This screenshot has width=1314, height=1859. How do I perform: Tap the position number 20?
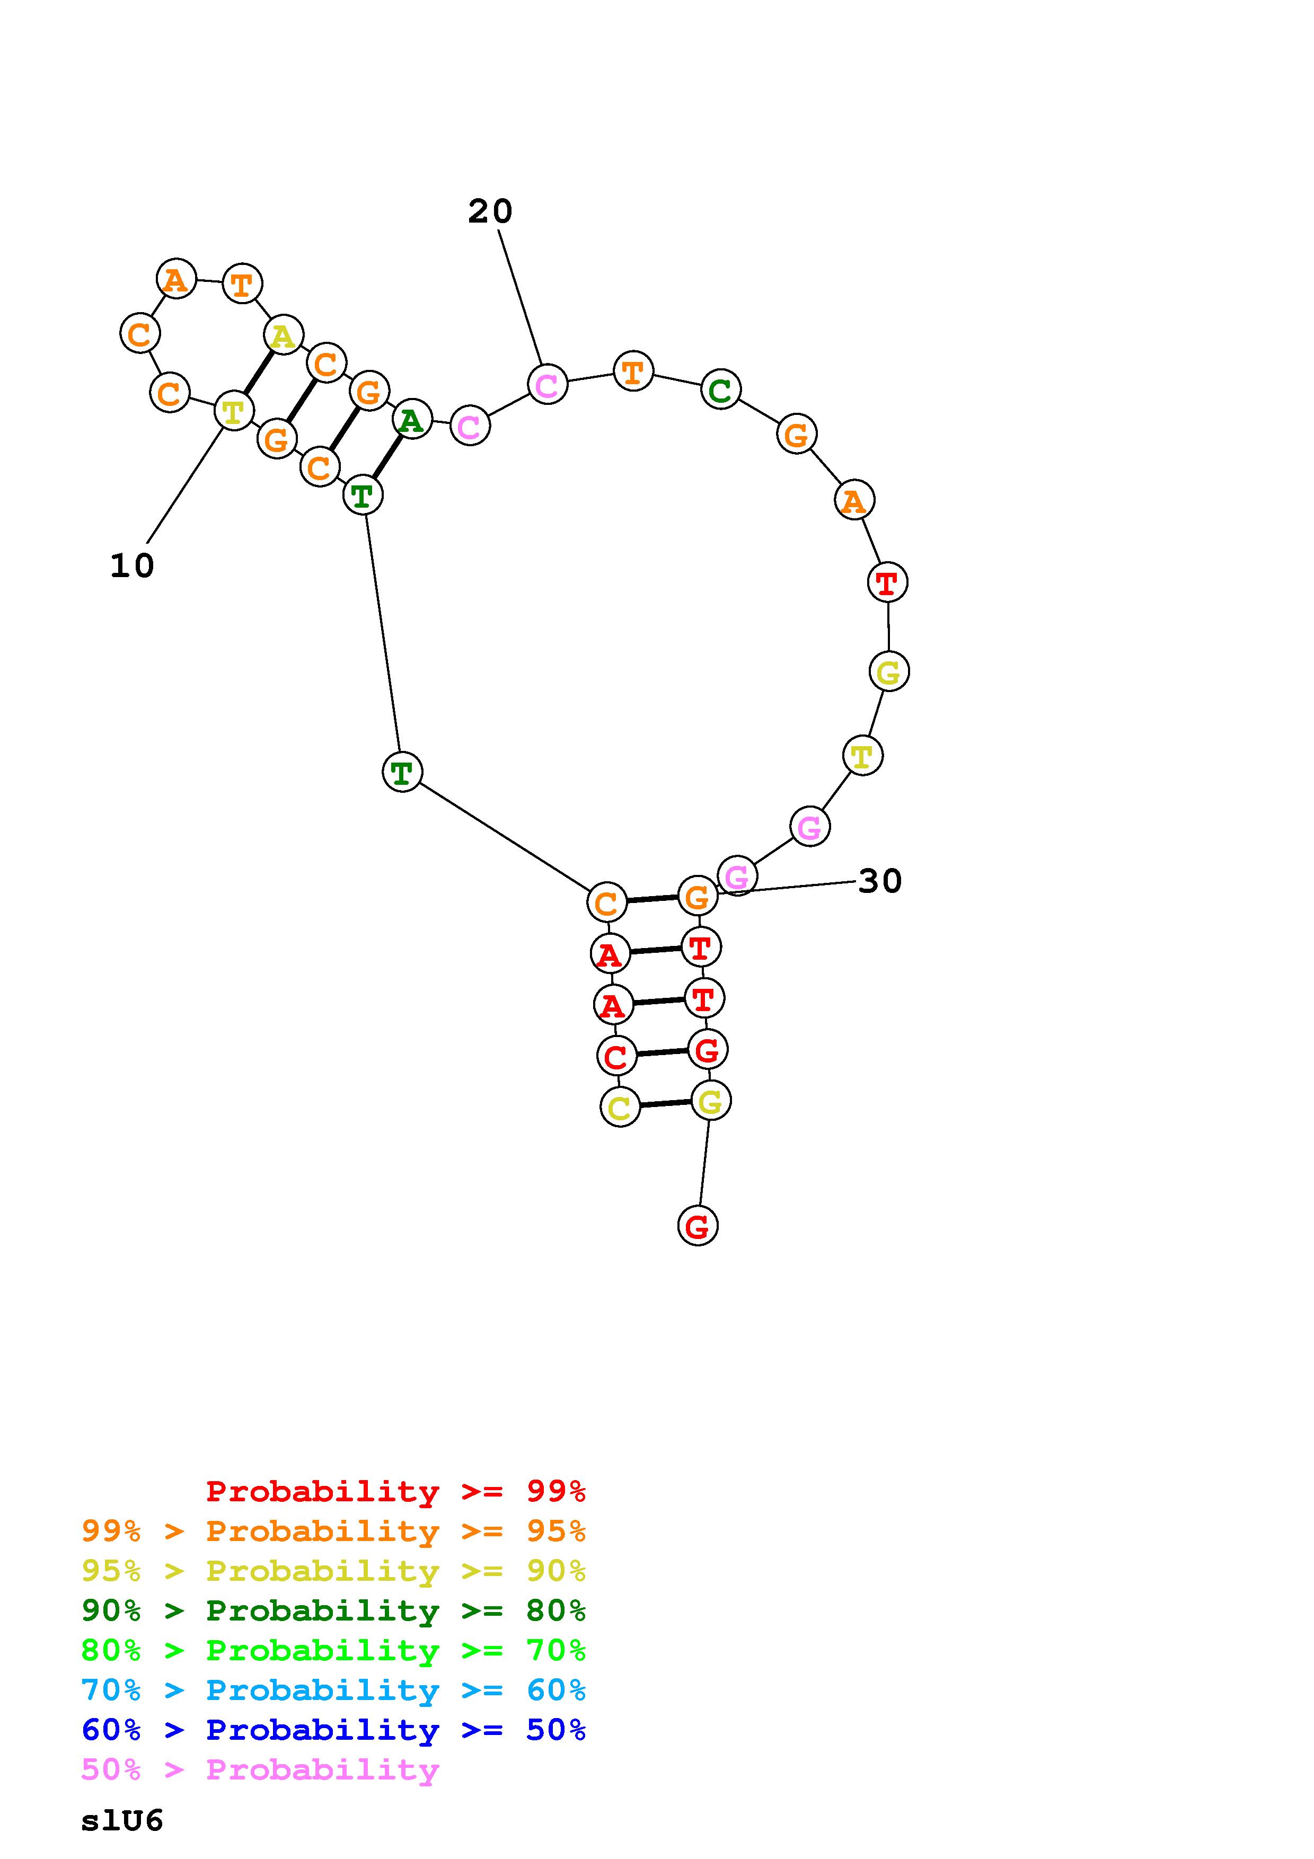point(490,211)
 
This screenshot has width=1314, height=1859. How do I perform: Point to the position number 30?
point(879,881)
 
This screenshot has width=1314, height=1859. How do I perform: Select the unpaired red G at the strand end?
point(697,1226)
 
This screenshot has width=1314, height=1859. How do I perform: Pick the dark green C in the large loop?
point(720,389)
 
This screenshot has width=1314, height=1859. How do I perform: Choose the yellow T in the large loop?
point(862,756)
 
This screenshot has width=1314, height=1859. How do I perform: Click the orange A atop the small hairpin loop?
point(175,279)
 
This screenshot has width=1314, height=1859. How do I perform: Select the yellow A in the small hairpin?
point(283,334)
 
